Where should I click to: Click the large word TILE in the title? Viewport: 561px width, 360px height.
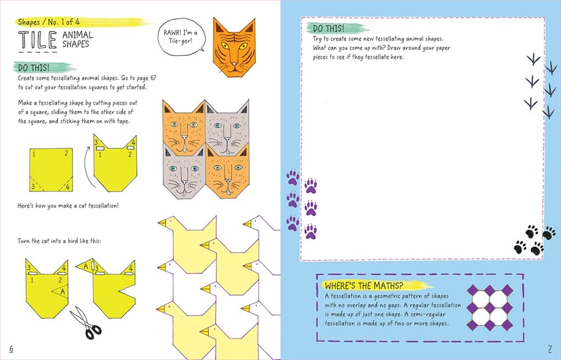37,41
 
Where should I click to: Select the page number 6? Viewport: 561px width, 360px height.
12,348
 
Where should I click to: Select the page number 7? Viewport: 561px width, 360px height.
549,348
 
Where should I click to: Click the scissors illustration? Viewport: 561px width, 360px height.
86,323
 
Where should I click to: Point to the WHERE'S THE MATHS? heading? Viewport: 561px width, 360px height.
364,286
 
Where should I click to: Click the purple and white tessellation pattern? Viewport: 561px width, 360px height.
490,308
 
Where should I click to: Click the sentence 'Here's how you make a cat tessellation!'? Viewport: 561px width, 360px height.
68,206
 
